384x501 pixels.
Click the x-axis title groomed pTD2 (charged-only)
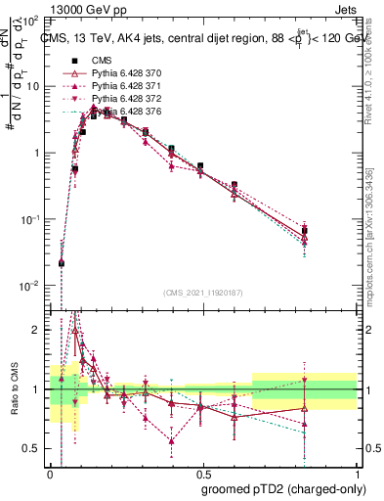click(284, 488)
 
